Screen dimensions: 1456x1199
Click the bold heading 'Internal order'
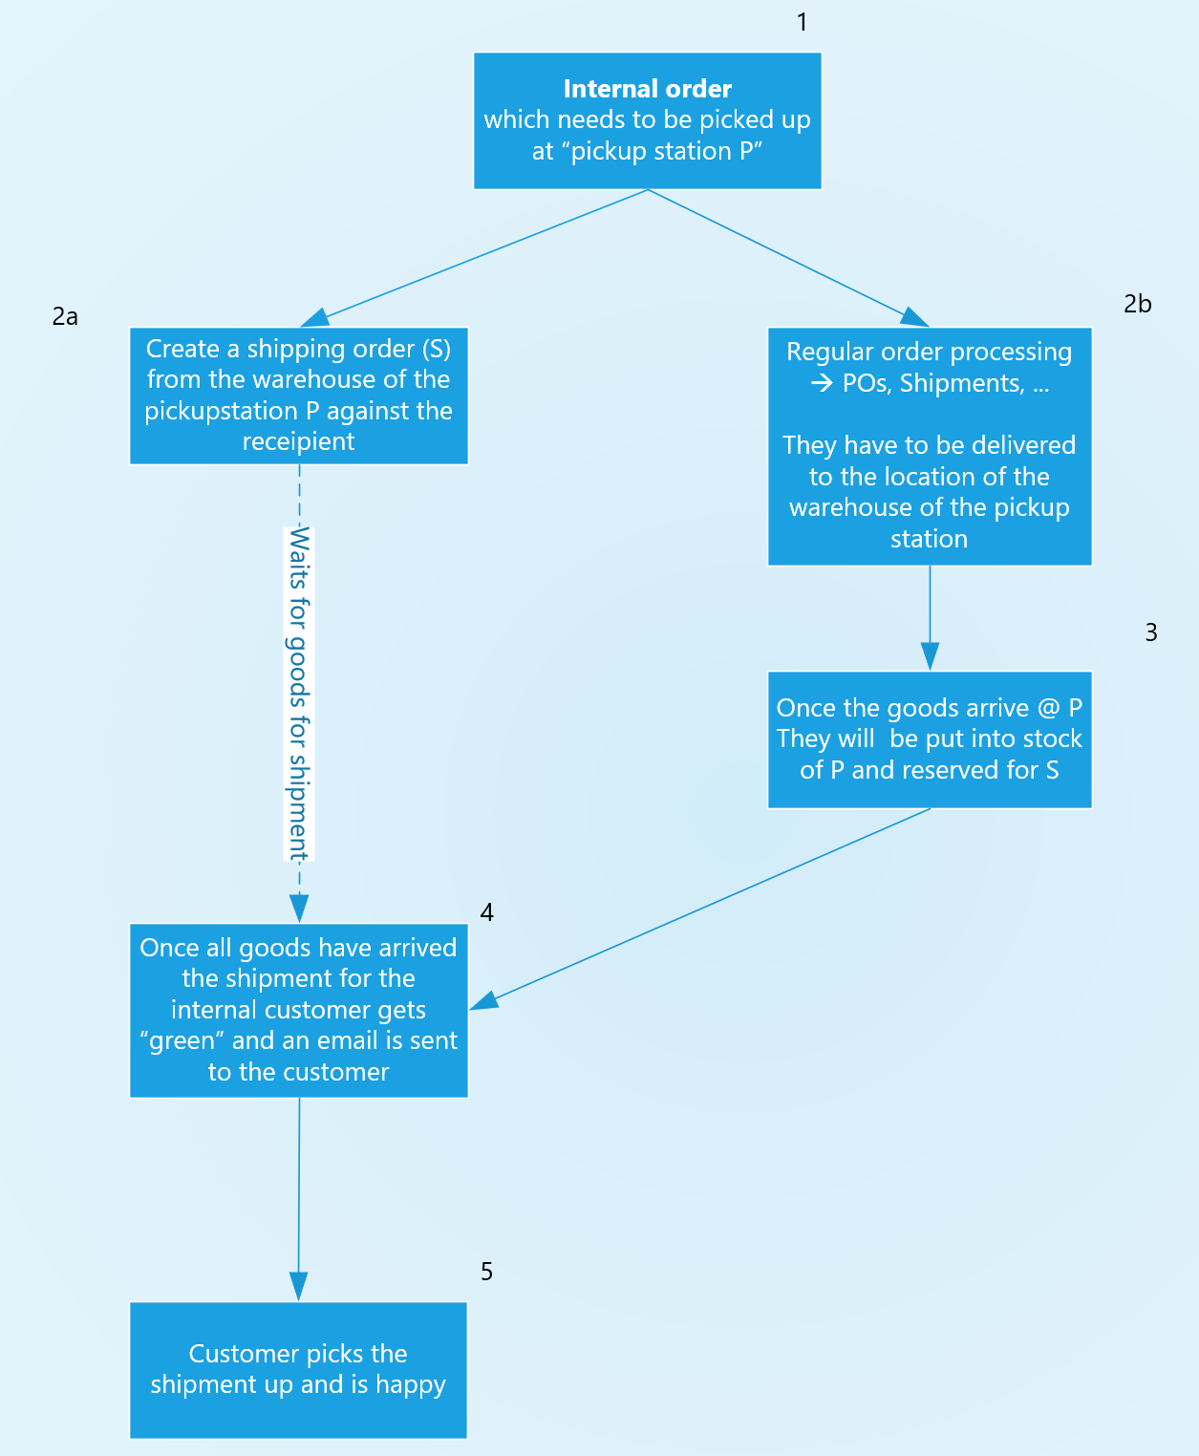click(647, 89)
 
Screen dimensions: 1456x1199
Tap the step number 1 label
click(802, 22)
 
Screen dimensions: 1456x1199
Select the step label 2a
click(65, 316)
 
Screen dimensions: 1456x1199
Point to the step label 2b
click(1137, 304)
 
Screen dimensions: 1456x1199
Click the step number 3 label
click(1150, 632)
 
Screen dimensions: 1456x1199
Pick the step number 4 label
click(486, 912)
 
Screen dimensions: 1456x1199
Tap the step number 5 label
click(486, 1272)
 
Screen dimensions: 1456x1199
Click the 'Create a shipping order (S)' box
click(298, 396)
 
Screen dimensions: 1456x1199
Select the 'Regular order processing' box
click(929, 446)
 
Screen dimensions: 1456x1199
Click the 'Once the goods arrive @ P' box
click(929, 739)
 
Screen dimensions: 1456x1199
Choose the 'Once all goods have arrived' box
click(298, 1010)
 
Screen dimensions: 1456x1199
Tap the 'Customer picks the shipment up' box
click(298, 1369)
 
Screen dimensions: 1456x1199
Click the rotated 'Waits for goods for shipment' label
click(299, 693)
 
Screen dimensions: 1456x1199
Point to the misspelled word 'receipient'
click(298, 441)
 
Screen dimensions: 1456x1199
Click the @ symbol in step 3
click(1048, 708)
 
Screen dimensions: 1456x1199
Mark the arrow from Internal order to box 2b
click(783, 256)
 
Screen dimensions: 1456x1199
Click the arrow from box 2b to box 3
click(930, 616)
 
